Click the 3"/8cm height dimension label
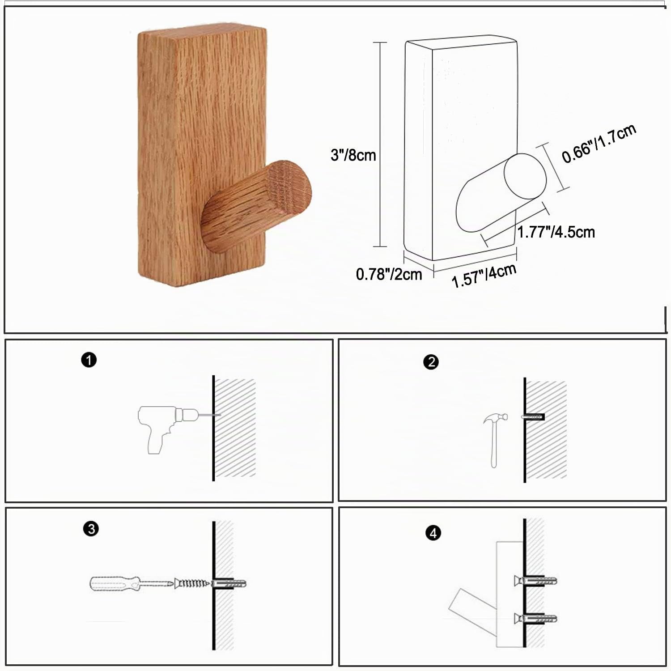tap(353, 155)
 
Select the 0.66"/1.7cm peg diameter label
tap(599, 144)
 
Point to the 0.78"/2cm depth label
tap(389, 274)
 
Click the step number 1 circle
tap(89, 360)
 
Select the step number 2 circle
tap(431, 362)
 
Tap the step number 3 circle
tap(91, 529)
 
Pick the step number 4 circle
tap(433, 533)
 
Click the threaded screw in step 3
tap(192, 583)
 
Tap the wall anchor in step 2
tap(532, 417)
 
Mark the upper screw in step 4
tap(535, 582)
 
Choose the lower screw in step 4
tap(535, 619)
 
